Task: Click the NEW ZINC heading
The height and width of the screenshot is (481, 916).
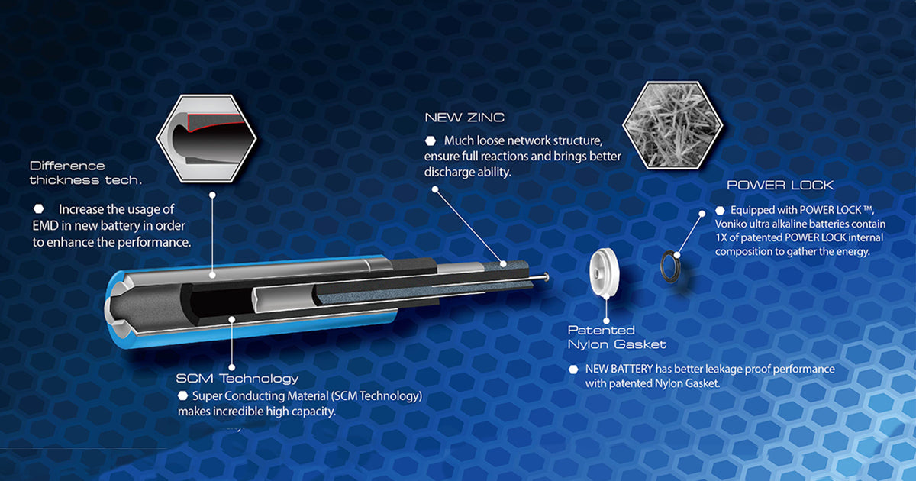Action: point(465,118)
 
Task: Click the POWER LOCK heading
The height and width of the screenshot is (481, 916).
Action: point(780,186)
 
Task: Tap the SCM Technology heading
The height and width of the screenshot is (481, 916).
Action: point(237,379)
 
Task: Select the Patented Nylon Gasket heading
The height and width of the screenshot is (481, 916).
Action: point(617,337)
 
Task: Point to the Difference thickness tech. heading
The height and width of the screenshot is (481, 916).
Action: point(85,173)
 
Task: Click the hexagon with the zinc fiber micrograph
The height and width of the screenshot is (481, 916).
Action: point(672,125)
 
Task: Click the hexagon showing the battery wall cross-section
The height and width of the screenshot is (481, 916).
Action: point(207,138)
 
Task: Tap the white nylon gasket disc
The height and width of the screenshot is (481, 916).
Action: point(604,272)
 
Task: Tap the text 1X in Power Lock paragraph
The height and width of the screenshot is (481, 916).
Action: point(721,237)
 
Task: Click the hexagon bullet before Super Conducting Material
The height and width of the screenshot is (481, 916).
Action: point(182,395)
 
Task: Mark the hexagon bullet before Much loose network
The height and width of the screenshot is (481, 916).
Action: point(431,140)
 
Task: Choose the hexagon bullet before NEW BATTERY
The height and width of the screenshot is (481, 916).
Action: point(573,370)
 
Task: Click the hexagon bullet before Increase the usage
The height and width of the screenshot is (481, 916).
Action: point(38,209)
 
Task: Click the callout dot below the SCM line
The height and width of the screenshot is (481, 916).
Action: point(232,367)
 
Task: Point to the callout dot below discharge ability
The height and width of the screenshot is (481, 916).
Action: point(435,189)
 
